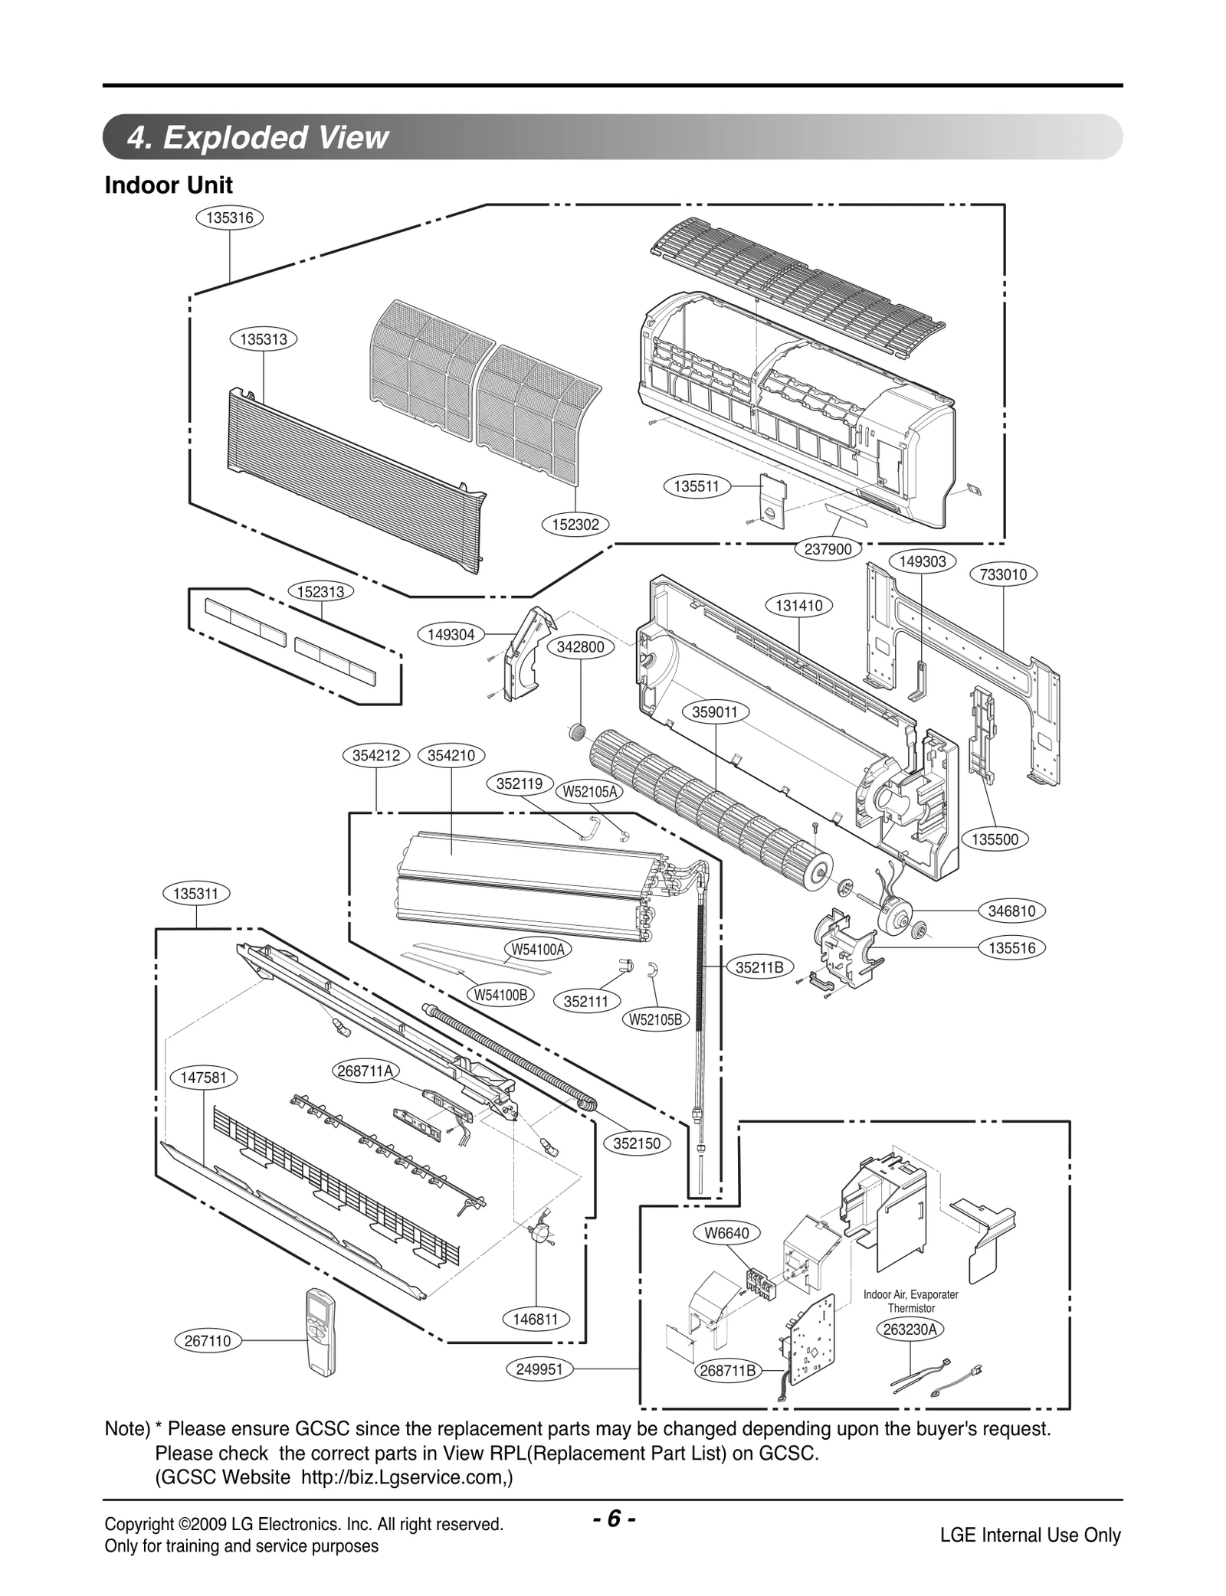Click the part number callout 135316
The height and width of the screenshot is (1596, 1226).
(x=230, y=217)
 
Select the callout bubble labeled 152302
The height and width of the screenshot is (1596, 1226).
(x=575, y=525)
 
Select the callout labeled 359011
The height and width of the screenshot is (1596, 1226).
(x=714, y=712)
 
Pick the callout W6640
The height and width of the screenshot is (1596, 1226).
(x=721, y=1233)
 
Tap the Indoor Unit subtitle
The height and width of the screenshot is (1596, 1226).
(x=169, y=185)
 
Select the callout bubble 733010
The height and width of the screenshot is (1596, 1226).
(x=1003, y=574)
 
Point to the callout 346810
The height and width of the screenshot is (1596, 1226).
(x=1011, y=911)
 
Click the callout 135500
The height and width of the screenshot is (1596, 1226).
(x=995, y=839)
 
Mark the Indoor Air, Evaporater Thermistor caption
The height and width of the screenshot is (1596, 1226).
(x=910, y=1301)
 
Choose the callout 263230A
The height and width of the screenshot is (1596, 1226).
(x=910, y=1329)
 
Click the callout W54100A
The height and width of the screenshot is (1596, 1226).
(x=538, y=950)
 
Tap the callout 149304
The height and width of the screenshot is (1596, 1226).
(x=451, y=635)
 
